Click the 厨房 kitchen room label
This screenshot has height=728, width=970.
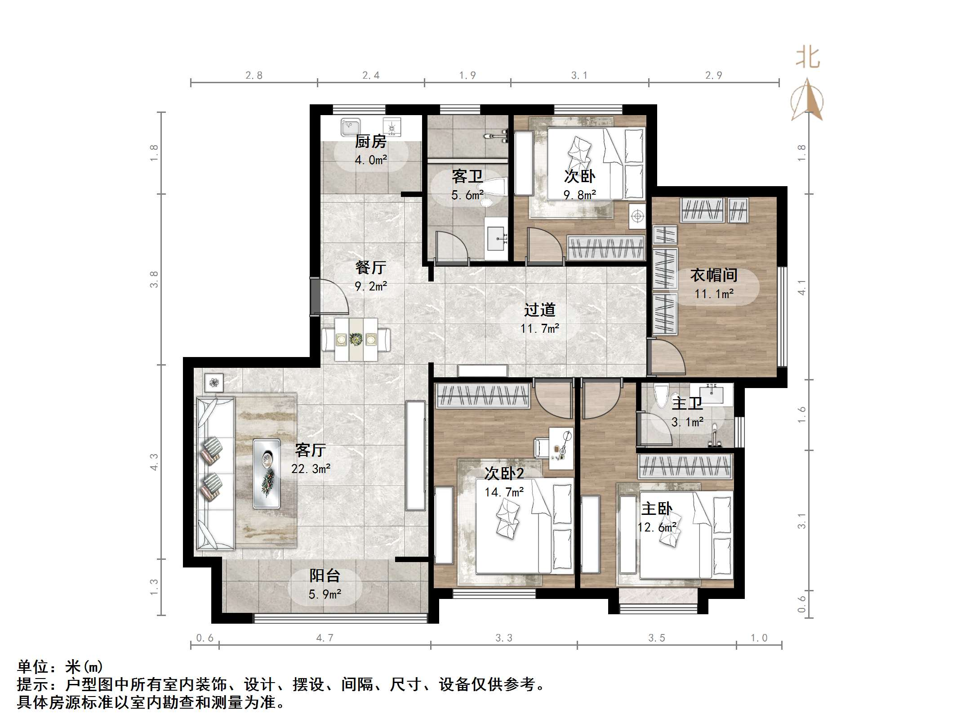tap(370, 142)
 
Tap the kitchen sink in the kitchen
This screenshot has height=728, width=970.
tap(350, 127)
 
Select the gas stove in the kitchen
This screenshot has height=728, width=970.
tap(392, 127)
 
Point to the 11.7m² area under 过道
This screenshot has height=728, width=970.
tap(540, 329)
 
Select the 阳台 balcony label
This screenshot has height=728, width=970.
tap(325, 576)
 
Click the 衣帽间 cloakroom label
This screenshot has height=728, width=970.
tap(714, 275)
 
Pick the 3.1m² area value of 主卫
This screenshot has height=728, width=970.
tap(687, 422)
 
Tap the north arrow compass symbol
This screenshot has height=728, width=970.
tap(807, 101)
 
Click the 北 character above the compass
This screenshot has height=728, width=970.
tap(807, 58)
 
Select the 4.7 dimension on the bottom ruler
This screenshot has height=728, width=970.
tap(325, 638)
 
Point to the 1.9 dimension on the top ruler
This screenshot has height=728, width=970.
tap(467, 75)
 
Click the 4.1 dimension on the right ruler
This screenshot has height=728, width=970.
tap(801, 288)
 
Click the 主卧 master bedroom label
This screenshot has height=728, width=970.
tap(656, 509)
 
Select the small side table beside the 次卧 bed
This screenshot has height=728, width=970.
tap(637, 216)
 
